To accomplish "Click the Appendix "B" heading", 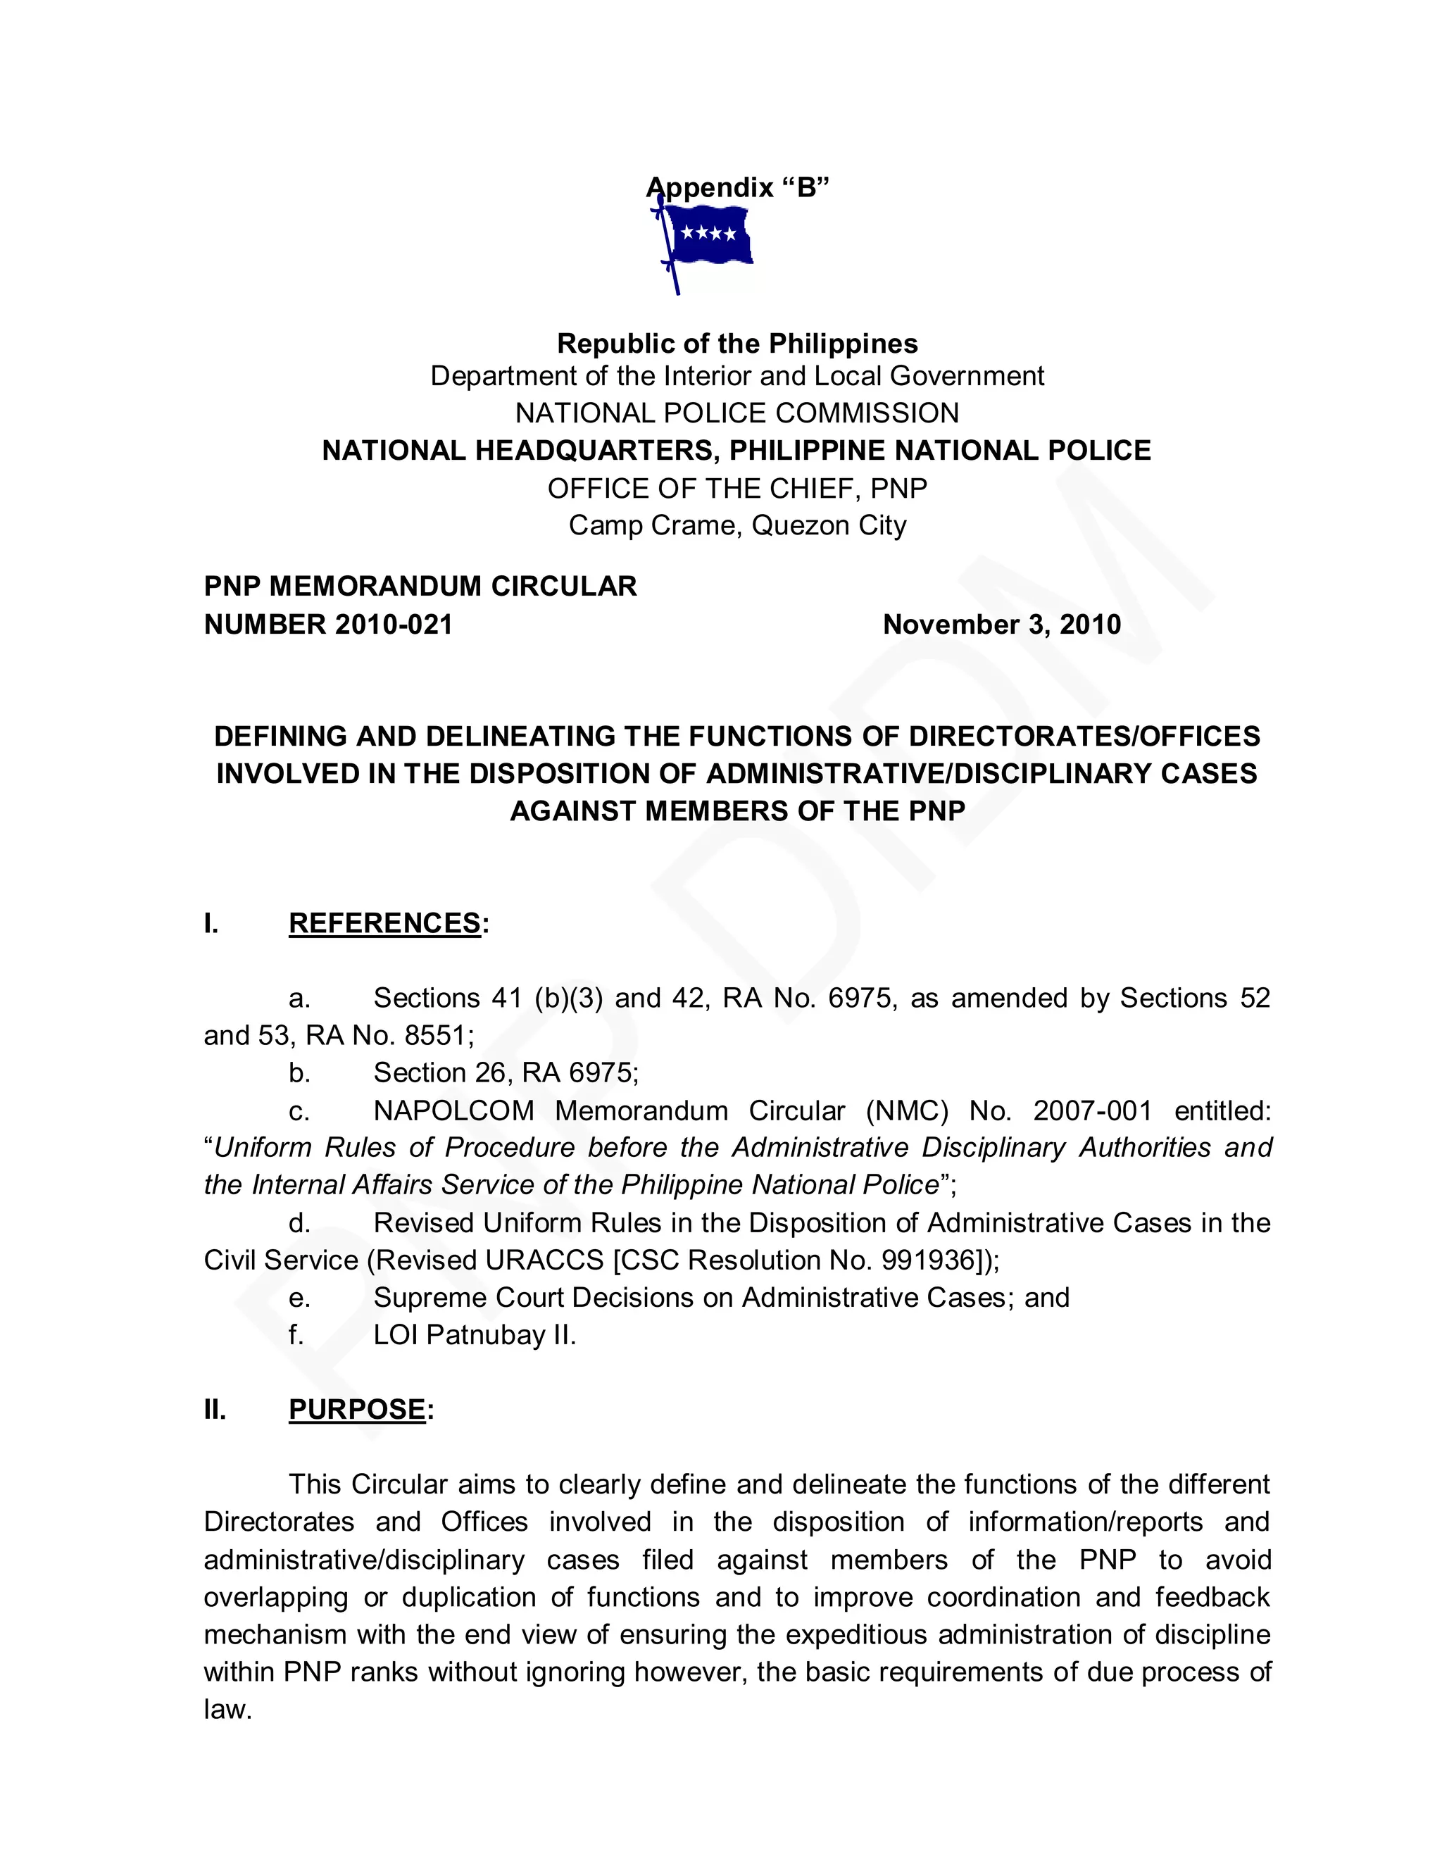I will [737, 187].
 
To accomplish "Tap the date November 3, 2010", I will [1001, 625].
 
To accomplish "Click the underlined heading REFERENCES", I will [385, 924].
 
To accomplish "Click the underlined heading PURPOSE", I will [357, 1410].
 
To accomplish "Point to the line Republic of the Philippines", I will [737, 344].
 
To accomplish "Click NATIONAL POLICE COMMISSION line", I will [737, 413].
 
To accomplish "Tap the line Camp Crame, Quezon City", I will [737, 525].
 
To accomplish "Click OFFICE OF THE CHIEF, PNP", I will [737, 489].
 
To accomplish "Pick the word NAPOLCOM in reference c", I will [453, 1110].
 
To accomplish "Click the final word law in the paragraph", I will [227, 1710].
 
